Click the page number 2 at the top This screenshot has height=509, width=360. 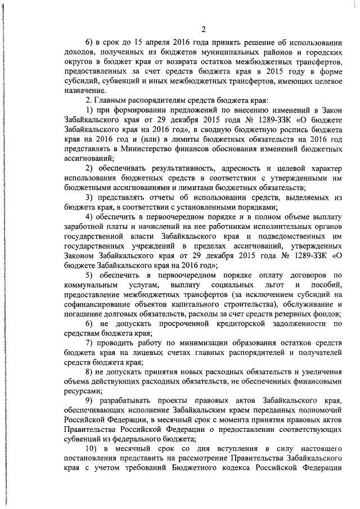[204, 30]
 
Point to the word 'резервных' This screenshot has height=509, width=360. [301, 314]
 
